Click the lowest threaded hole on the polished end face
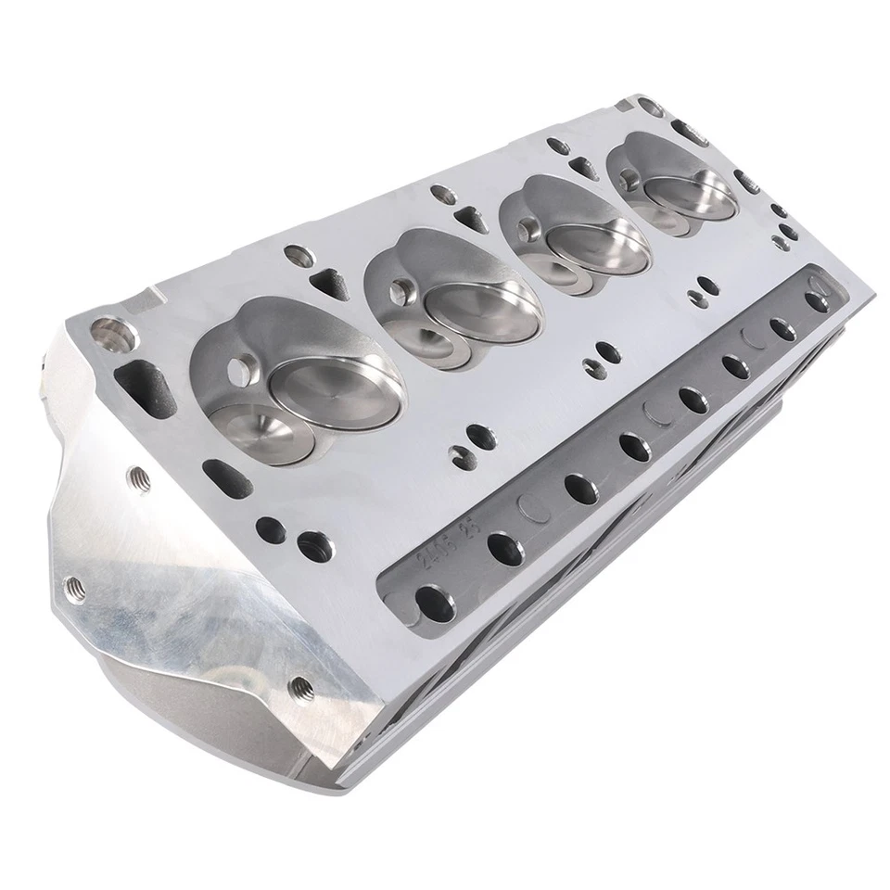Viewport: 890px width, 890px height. click(x=299, y=687)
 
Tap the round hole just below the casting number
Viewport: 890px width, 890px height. click(x=433, y=601)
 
